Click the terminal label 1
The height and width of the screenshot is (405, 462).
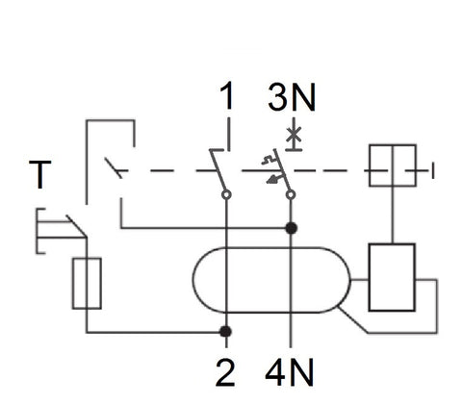pos(226,97)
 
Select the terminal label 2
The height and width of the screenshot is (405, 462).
pos(226,371)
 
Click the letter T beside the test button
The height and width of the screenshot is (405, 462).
pos(40,177)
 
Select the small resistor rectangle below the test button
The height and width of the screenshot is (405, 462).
pos(88,283)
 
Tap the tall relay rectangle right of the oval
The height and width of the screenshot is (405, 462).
pos(392,278)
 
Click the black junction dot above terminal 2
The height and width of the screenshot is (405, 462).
pos(225,332)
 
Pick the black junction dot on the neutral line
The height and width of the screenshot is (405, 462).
pos(290,228)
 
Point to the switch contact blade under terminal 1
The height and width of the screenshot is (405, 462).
pos(219,171)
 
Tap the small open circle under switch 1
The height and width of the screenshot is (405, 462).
pos(226,193)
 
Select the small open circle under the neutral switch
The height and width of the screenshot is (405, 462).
pos(290,193)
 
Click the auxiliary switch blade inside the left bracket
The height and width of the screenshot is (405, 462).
pos(113,169)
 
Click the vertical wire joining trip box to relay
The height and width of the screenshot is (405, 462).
pos(393,213)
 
